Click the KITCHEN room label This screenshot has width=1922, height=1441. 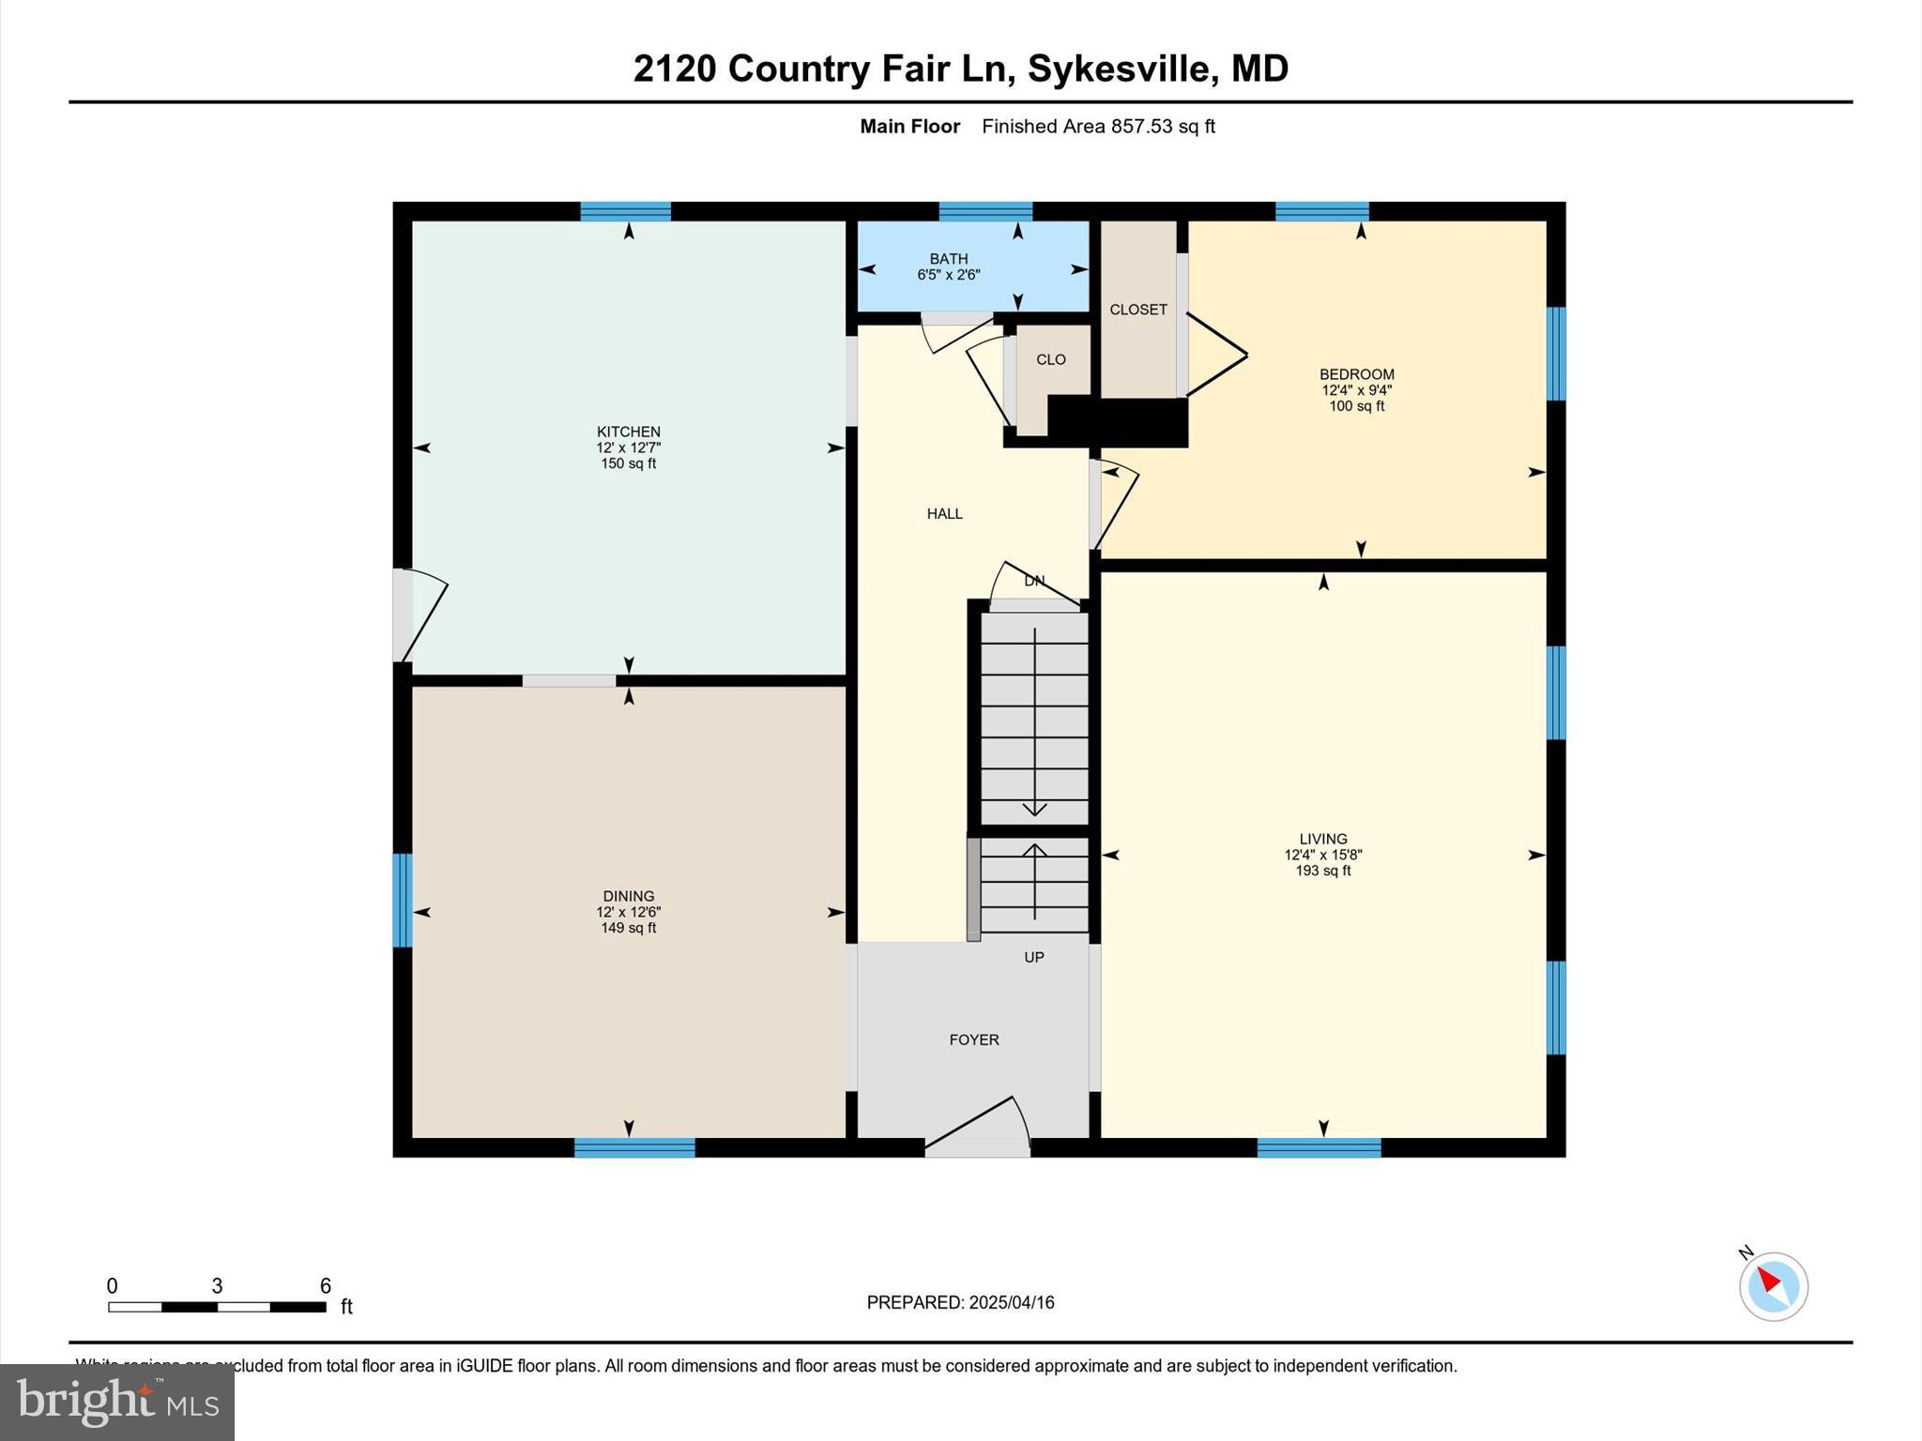628,432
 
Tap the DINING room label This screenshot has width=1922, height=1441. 628,896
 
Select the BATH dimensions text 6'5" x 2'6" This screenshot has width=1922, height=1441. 948,275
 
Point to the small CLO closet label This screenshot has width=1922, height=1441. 1050,359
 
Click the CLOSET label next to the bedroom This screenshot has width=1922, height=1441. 1137,310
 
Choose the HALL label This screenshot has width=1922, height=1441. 944,513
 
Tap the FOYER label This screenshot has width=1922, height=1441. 973,1039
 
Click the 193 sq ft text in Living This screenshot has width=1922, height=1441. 1322,871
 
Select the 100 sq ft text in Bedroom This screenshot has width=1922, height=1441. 1356,406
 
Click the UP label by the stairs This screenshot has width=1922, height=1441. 1033,957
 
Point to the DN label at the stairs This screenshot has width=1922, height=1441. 1033,581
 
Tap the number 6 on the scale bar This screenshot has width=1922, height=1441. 325,1285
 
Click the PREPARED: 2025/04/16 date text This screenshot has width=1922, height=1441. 960,1302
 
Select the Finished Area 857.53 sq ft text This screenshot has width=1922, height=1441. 1098,126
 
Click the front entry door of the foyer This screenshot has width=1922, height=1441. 976,1126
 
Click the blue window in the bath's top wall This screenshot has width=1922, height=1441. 985,211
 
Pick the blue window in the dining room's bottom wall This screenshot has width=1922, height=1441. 634,1147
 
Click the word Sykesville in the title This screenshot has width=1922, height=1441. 1118,68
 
